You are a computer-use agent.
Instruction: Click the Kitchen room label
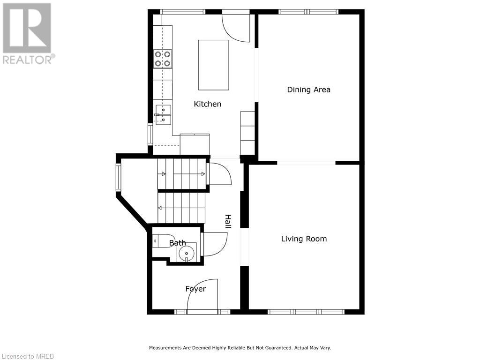tap(207, 104)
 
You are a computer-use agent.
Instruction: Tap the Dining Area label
tap(308, 90)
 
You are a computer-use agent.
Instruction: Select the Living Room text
tap(304, 239)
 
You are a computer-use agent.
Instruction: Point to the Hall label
tap(228, 221)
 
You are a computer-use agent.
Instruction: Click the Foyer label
tap(195, 289)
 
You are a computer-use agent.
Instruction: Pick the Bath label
tap(177, 243)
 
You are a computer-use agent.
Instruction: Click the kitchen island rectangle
tap(213, 65)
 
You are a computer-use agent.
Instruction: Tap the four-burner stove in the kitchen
tap(163, 59)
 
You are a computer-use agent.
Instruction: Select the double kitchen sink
tap(163, 115)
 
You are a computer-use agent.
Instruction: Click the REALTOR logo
tap(27, 33)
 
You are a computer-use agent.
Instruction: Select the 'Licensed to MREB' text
tap(27, 356)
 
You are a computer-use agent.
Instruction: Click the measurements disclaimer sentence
tap(240, 348)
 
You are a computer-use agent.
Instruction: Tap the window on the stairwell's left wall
tap(119, 178)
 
